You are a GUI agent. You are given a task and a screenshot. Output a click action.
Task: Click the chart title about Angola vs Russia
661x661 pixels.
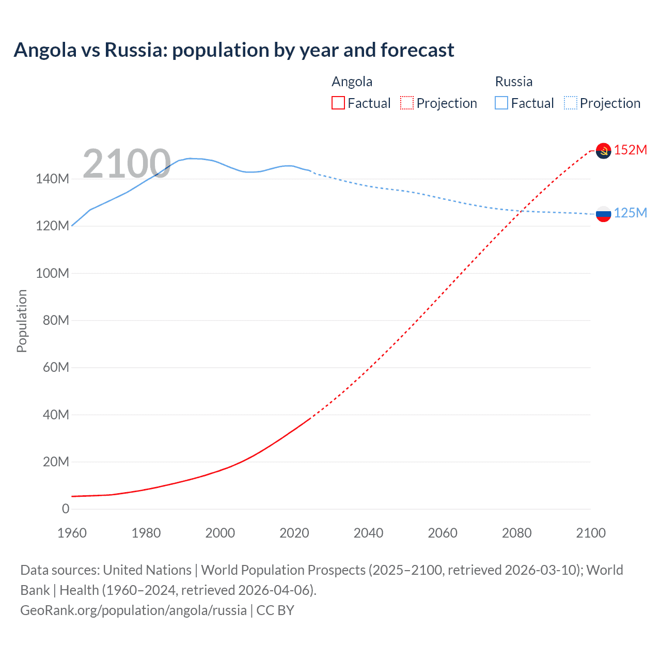(x=234, y=50)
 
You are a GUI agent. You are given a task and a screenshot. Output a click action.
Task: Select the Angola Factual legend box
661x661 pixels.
(x=338, y=103)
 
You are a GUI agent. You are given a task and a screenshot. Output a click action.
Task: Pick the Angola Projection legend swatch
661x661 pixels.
(x=407, y=103)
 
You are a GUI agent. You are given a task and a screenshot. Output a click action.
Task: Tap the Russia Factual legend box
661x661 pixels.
(x=501, y=103)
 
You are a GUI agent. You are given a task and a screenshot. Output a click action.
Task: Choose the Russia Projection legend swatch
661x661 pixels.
(x=571, y=103)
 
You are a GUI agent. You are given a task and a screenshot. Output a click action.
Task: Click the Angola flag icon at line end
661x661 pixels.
(x=603, y=150)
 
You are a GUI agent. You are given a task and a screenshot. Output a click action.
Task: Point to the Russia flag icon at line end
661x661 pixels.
(x=603, y=213)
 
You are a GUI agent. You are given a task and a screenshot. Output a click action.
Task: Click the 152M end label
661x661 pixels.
(x=631, y=150)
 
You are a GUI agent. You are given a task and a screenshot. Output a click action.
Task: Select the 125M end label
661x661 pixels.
(x=631, y=213)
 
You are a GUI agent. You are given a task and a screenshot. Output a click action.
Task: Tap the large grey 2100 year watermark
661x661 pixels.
(x=127, y=164)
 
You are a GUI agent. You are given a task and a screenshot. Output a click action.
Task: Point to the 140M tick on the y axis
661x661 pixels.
(x=52, y=179)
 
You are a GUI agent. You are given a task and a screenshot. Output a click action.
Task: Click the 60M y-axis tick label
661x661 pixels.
(x=56, y=368)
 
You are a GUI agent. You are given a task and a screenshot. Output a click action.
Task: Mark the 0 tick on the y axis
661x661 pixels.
(x=66, y=509)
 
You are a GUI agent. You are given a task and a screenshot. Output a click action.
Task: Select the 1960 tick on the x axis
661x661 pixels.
(x=72, y=533)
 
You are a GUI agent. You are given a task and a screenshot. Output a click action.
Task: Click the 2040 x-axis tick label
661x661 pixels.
(x=368, y=533)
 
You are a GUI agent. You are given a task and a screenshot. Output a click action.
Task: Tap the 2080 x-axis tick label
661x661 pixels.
(x=516, y=533)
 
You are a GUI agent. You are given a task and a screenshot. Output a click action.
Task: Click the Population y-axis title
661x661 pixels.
(x=22, y=321)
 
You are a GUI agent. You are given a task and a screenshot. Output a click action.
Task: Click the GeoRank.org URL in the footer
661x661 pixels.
(x=133, y=610)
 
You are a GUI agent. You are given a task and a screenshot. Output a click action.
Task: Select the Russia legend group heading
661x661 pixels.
(x=513, y=82)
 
